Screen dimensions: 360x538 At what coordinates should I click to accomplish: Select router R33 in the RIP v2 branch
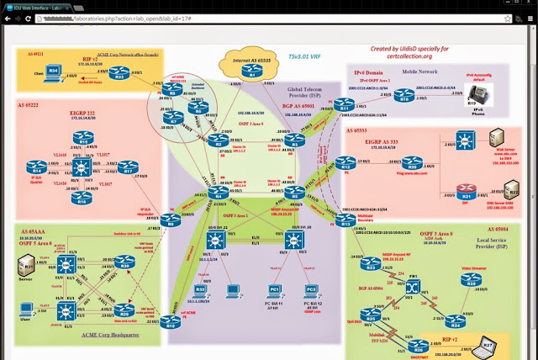click(119, 77)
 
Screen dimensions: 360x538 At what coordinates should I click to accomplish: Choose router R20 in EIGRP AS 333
click(412, 163)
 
